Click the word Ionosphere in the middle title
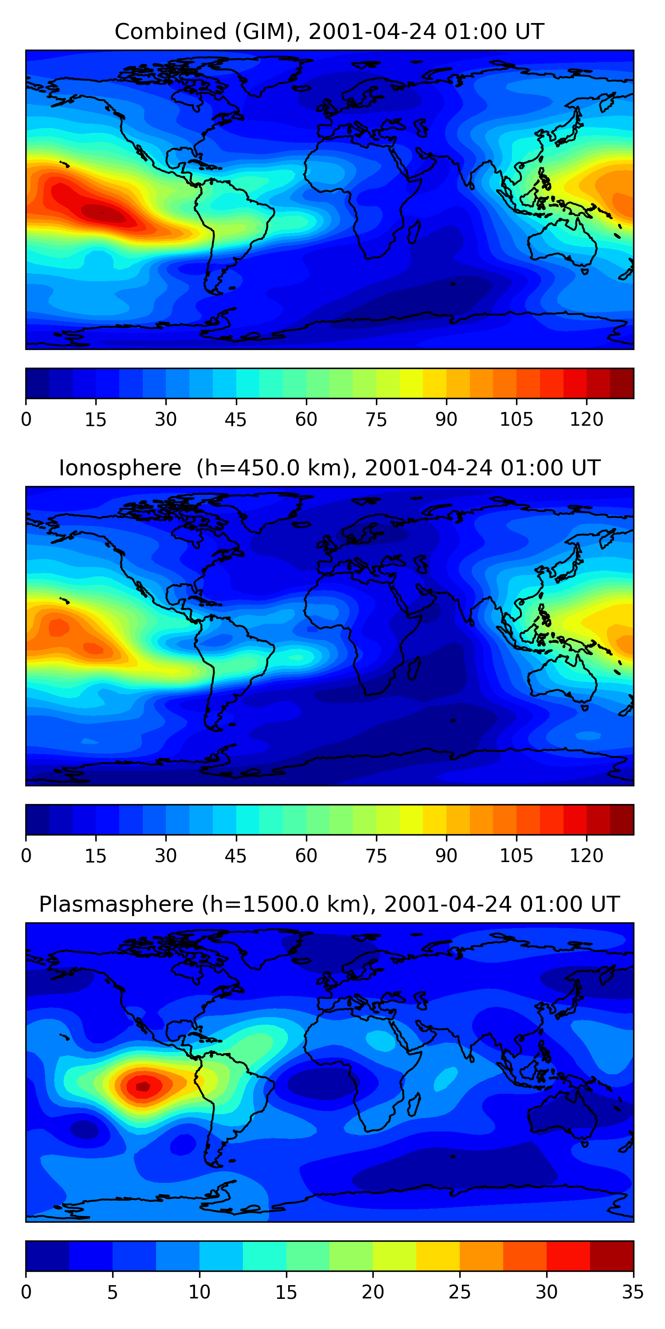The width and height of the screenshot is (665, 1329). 120,468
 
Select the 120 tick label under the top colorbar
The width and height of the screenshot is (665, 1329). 586,420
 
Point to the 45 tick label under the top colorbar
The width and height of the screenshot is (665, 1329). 235,420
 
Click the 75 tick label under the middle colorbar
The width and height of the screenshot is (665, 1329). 376,856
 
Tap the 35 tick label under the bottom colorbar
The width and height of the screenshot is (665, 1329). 633,1292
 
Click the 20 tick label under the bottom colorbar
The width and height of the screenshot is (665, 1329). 372,1292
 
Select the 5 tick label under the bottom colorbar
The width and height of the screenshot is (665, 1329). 113,1292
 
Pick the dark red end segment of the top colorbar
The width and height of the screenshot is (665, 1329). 622,383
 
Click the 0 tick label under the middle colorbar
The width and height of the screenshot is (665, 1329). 26,856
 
